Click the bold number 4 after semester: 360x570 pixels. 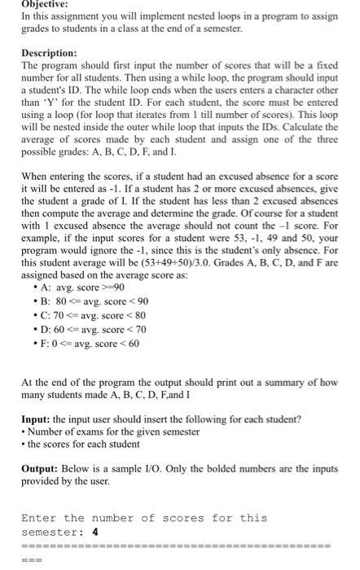95,532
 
